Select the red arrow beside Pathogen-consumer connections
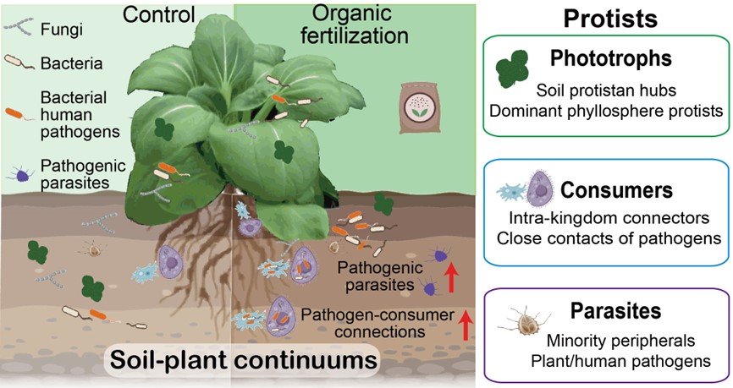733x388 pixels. (x=464, y=325)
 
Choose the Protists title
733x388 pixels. (x=604, y=18)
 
